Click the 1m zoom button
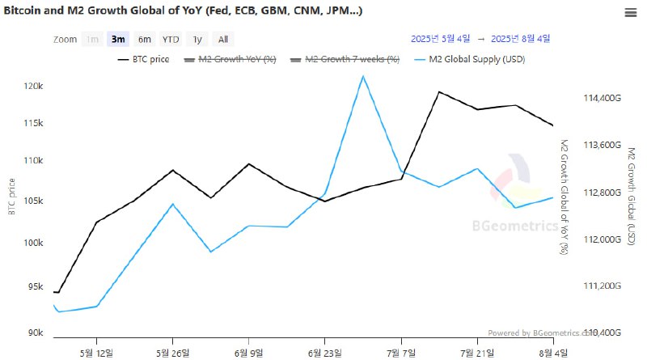click(x=93, y=39)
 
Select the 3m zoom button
click(x=118, y=39)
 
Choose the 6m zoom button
click(x=144, y=39)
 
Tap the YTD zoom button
click(x=171, y=39)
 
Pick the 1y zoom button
click(x=197, y=39)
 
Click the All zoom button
click(x=223, y=39)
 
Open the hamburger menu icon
click(x=630, y=12)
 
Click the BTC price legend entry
click(x=144, y=59)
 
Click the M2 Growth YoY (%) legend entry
click(x=231, y=59)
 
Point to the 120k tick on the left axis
click(x=32, y=86)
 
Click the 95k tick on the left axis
click(x=34, y=286)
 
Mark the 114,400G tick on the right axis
click(x=601, y=98)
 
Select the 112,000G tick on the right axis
click(x=601, y=239)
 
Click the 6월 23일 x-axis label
click(x=324, y=352)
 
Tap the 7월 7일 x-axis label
click(x=401, y=352)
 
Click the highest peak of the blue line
click(x=364, y=76)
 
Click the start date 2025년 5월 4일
click(x=440, y=38)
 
